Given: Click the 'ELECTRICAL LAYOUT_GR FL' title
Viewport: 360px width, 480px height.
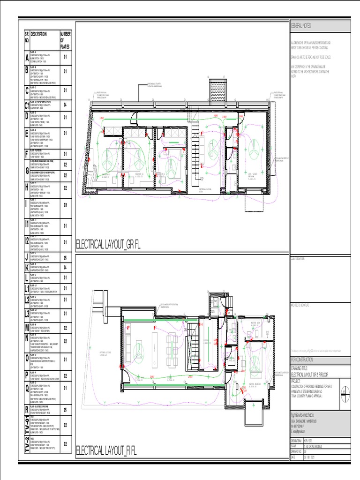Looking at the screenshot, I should (108, 244).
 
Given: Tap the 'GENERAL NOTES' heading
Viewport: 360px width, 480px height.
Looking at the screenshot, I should (301, 25).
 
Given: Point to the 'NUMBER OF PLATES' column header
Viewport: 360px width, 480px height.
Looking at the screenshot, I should (65, 40).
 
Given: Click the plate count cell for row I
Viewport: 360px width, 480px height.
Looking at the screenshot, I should (66, 205).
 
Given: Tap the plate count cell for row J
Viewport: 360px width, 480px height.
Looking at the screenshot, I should (66, 257).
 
